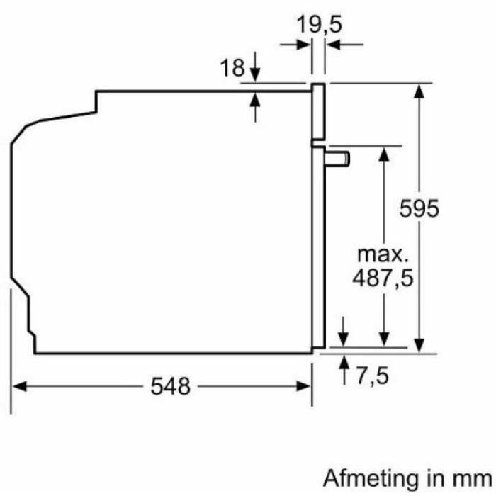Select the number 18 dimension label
click(232, 67)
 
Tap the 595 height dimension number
click(419, 208)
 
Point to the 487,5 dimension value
click(383, 278)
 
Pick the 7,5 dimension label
click(372, 376)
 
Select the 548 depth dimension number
click(171, 386)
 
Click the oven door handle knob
click(338, 159)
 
